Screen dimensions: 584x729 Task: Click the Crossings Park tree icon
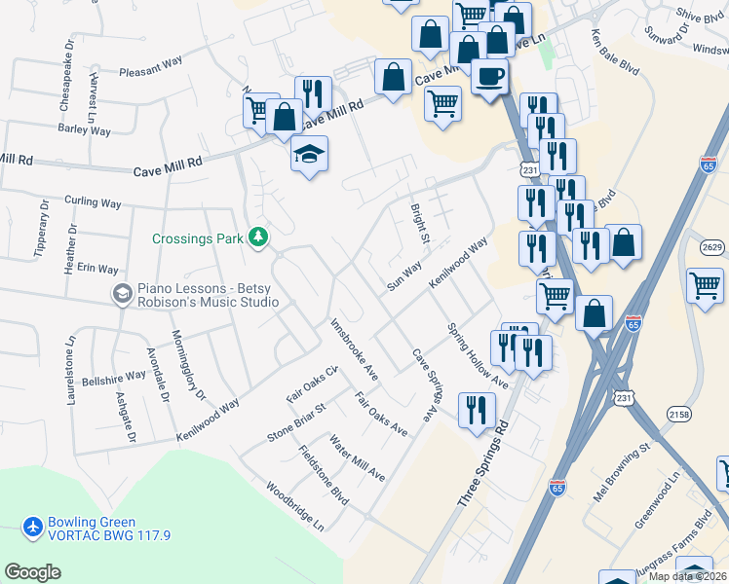tap(258, 237)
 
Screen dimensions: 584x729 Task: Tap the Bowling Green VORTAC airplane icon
tap(33, 528)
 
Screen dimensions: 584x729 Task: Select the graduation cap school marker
tap(310, 154)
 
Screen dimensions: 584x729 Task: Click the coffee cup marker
tap(489, 74)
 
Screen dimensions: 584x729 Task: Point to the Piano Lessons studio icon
tap(122, 293)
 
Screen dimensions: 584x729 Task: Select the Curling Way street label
tap(93, 203)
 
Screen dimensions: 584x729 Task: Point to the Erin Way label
tap(97, 269)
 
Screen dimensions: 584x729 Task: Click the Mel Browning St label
tap(621, 475)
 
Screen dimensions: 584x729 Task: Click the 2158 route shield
tap(678, 415)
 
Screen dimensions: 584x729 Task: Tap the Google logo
tap(33, 572)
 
